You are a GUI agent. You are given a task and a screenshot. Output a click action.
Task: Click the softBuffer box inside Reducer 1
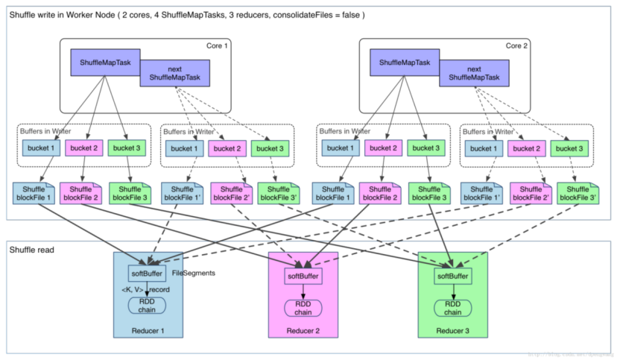[146, 272]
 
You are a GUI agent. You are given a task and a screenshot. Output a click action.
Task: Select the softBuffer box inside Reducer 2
[303, 276]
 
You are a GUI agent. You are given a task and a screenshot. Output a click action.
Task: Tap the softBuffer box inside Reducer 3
[452, 276]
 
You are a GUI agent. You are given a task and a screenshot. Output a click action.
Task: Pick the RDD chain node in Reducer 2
[303, 308]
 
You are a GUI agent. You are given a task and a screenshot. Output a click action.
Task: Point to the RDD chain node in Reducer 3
[452, 308]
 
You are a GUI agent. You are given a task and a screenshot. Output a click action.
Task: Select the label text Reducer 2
[303, 331]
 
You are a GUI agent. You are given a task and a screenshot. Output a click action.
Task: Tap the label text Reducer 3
[452, 331]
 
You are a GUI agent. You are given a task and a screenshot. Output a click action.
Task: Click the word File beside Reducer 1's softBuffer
[177, 273]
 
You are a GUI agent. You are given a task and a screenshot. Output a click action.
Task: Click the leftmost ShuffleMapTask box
[106, 63]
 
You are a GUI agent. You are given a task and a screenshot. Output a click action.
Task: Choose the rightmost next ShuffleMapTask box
[474, 73]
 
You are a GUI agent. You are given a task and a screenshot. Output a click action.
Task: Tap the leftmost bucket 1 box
[40, 148]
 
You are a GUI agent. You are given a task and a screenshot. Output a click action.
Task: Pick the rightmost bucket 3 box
[569, 148]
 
